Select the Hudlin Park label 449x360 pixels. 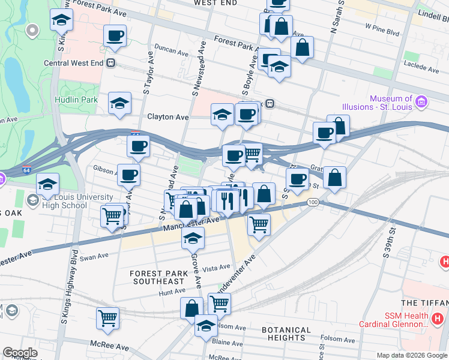pyautogui.click(x=76, y=100)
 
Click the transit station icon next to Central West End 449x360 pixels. pyautogui.click(x=110, y=62)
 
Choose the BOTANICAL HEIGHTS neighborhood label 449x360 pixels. pyautogui.click(x=286, y=334)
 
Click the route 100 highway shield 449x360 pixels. pyautogui.click(x=313, y=203)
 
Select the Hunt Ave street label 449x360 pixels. pyautogui.click(x=172, y=292)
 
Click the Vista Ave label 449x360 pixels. pyautogui.click(x=216, y=268)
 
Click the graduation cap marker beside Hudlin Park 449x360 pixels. pyautogui.click(x=120, y=103)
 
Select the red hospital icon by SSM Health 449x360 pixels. pyautogui.click(x=438, y=317)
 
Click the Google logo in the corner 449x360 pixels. pyautogui.click(x=20, y=353)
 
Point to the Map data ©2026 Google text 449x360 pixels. pyautogui.click(x=412, y=355)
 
